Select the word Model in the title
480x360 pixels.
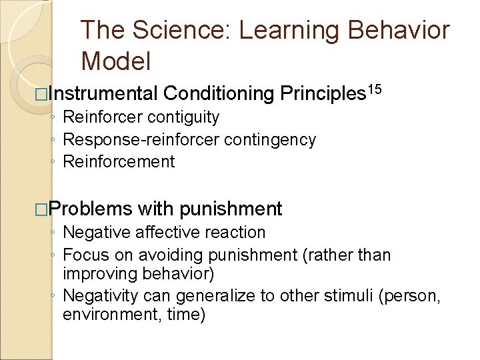coord(116,61)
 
